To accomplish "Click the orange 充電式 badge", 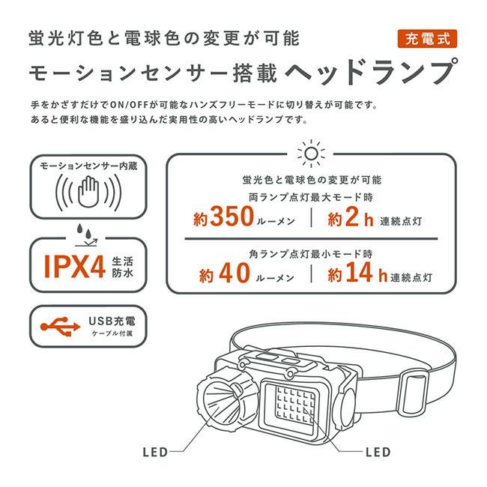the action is click(427, 39).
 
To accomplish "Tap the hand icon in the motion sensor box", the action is click(88, 192).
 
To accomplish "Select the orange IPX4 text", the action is click(74, 267).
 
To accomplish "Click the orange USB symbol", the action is click(60, 327).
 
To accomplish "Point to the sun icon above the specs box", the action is click(311, 154).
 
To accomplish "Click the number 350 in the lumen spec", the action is click(232, 217).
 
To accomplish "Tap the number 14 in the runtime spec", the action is click(359, 272).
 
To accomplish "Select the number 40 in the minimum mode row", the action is click(235, 273).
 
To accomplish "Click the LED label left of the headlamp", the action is click(155, 453).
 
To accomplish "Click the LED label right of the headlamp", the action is click(378, 453).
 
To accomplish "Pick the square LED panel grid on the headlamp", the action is click(295, 402).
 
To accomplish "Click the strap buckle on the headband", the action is click(414, 393).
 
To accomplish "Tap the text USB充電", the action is click(112, 321).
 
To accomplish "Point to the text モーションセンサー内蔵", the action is click(88, 166).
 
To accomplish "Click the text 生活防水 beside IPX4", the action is click(123, 267).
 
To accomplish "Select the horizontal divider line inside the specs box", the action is click(311, 239).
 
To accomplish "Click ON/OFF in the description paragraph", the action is click(129, 105).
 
